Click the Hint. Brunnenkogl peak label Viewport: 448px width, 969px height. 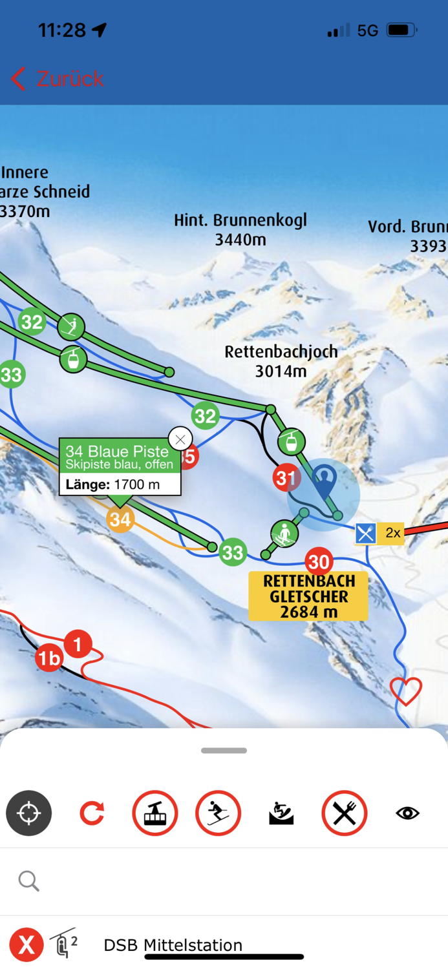click(x=240, y=230)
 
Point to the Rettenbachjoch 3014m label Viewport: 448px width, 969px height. click(x=281, y=361)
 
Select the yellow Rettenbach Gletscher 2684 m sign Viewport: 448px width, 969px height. click(x=308, y=596)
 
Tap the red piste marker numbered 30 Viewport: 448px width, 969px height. click(x=319, y=561)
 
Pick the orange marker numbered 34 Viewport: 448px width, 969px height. click(x=120, y=519)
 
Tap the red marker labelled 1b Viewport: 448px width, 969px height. click(x=49, y=658)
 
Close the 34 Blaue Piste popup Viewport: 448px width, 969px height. click(x=180, y=440)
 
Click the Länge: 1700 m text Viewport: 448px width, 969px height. click(x=113, y=484)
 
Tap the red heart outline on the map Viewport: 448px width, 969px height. click(x=405, y=691)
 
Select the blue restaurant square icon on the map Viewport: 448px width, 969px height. click(x=366, y=534)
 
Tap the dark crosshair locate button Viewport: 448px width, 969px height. click(x=29, y=813)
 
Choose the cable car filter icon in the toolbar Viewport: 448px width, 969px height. click(x=155, y=813)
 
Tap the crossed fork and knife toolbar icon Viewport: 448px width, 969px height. click(x=345, y=813)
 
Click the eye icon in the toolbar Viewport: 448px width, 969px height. click(x=407, y=813)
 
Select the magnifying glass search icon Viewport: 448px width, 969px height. click(x=29, y=880)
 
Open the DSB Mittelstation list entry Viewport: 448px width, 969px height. click(x=173, y=945)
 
